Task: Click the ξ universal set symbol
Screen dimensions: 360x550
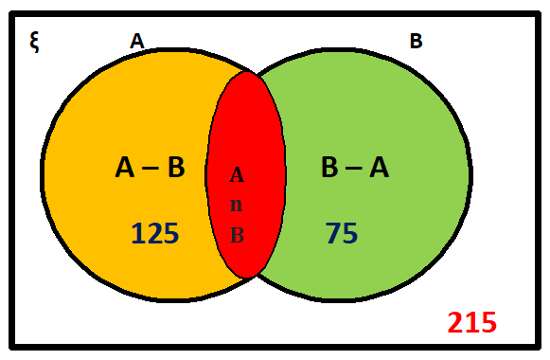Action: pos(34,43)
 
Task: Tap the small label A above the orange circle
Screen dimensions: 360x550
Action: pos(137,41)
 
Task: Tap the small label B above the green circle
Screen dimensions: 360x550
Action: pos(416,41)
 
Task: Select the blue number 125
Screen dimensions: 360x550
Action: pos(155,233)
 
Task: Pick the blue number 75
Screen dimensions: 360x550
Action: pos(342,233)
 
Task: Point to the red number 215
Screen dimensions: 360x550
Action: pos(471,322)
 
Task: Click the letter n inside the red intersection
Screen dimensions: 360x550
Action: pos(237,206)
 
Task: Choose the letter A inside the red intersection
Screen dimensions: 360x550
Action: pos(237,175)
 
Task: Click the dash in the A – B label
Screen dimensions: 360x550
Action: pos(151,169)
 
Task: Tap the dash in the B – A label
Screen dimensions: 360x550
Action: pos(353,169)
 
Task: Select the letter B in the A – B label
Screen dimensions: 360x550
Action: pos(175,168)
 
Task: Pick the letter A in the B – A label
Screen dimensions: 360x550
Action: pos(379,168)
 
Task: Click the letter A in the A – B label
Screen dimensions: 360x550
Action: pos(126,168)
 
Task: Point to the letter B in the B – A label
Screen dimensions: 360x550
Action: pos(329,168)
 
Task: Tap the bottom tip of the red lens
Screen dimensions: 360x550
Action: pos(247,277)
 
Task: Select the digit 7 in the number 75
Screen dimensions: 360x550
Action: pos(333,233)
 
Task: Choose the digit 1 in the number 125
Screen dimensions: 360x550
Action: pos(137,233)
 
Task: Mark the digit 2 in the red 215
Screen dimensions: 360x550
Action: pos(456,322)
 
